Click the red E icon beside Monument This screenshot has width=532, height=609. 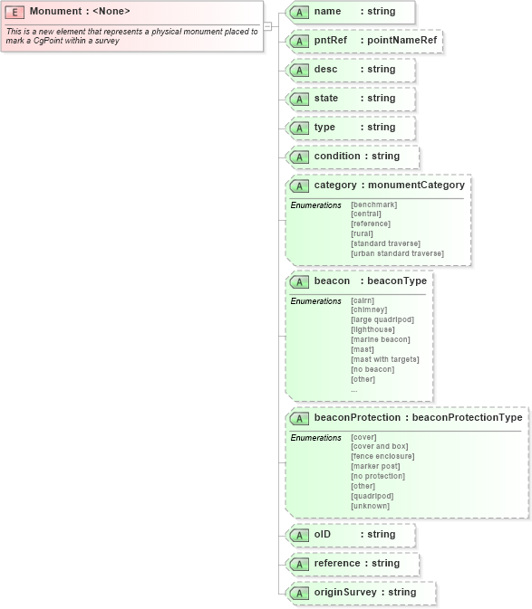pyautogui.click(x=16, y=11)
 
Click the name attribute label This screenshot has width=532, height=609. pyautogui.click(x=326, y=11)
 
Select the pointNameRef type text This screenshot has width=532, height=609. pyautogui.click(x=403, y=41)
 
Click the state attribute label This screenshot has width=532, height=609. pyautogui.click(x=327, y=98)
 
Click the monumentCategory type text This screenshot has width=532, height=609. pyautogui.click(x=416, y=185)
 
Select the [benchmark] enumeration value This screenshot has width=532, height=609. pyautogui.click(x=373, y=205)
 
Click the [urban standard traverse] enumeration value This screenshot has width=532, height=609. pyautogui.click(x=397, y=253)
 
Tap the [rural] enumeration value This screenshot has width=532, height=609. pyautogui.click(x=362, y=233)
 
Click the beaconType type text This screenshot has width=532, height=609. pyautogui.click(x=396, y=281)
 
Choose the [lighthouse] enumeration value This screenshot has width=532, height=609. pyautogui.click(x=372, y=329)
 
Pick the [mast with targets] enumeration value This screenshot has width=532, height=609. pyautogui.click(x=384, y=359)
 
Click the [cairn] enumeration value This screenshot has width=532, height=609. pyautogui.click(x=363, y=300)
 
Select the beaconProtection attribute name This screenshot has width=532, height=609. pyautogui.click(x=357, y=418)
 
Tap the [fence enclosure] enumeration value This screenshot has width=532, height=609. pyautogui.click(x=382, y=456)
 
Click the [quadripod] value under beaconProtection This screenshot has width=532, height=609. pyautogui.click(x=372, y=496)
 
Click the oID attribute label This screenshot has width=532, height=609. pyautogui.click(x=323, y=534)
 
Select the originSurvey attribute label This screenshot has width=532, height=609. pyautogui.click(x=345, y=592)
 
